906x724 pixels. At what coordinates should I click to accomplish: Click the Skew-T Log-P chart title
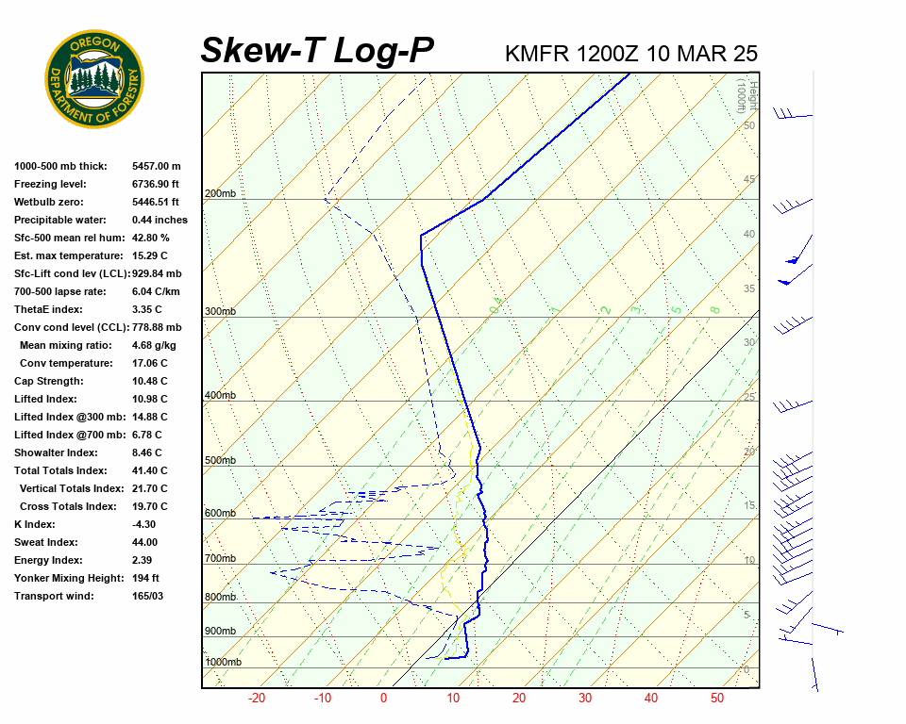tap(317, 51)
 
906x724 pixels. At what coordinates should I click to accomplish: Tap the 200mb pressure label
tap(220, 194)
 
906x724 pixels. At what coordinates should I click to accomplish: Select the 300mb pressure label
tap(220, 312)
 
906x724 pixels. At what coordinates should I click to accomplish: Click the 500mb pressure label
tap(220, 461)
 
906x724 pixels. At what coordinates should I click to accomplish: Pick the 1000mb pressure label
tap(223, 663)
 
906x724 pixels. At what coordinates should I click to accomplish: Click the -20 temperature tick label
tap(256, 699)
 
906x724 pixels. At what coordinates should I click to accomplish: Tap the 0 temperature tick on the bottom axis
tap(383, 699)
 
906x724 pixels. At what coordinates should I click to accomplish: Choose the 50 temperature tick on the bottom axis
tap(717, 699)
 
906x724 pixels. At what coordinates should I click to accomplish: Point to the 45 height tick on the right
tap(748, 179)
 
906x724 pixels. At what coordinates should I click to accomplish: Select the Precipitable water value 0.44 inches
tap(159, 221)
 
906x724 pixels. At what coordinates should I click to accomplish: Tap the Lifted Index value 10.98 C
tap(149, 400)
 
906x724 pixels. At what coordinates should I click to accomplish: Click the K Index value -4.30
tap(145, 524)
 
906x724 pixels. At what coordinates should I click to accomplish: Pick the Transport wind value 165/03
tap(147, 596)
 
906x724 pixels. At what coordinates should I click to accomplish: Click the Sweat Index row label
tap(46, 542)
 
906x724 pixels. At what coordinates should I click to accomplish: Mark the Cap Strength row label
tap(49, 382)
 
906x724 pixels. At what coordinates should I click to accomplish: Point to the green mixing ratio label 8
tap(715, 309)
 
